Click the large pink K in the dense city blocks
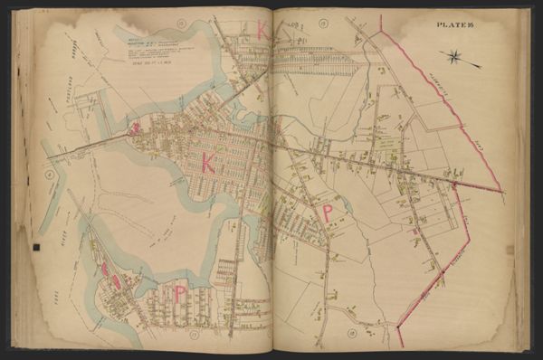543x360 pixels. pos(210,163)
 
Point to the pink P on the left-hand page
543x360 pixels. pos(180,294)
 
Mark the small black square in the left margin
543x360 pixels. pos(36,247)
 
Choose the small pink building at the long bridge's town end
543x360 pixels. pos(135,129)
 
